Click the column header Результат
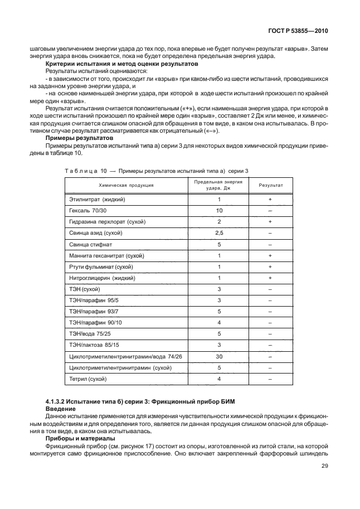coord(270,185)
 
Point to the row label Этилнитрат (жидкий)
coord(97,199)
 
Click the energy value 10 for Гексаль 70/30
coord(219,210)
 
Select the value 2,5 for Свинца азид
coord(219,232)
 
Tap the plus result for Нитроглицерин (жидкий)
coord(270,278)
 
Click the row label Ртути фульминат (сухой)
coord(96,266)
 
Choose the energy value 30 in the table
coord(219,356)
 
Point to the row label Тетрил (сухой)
coord(87,379)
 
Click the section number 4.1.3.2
coord(57,402)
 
